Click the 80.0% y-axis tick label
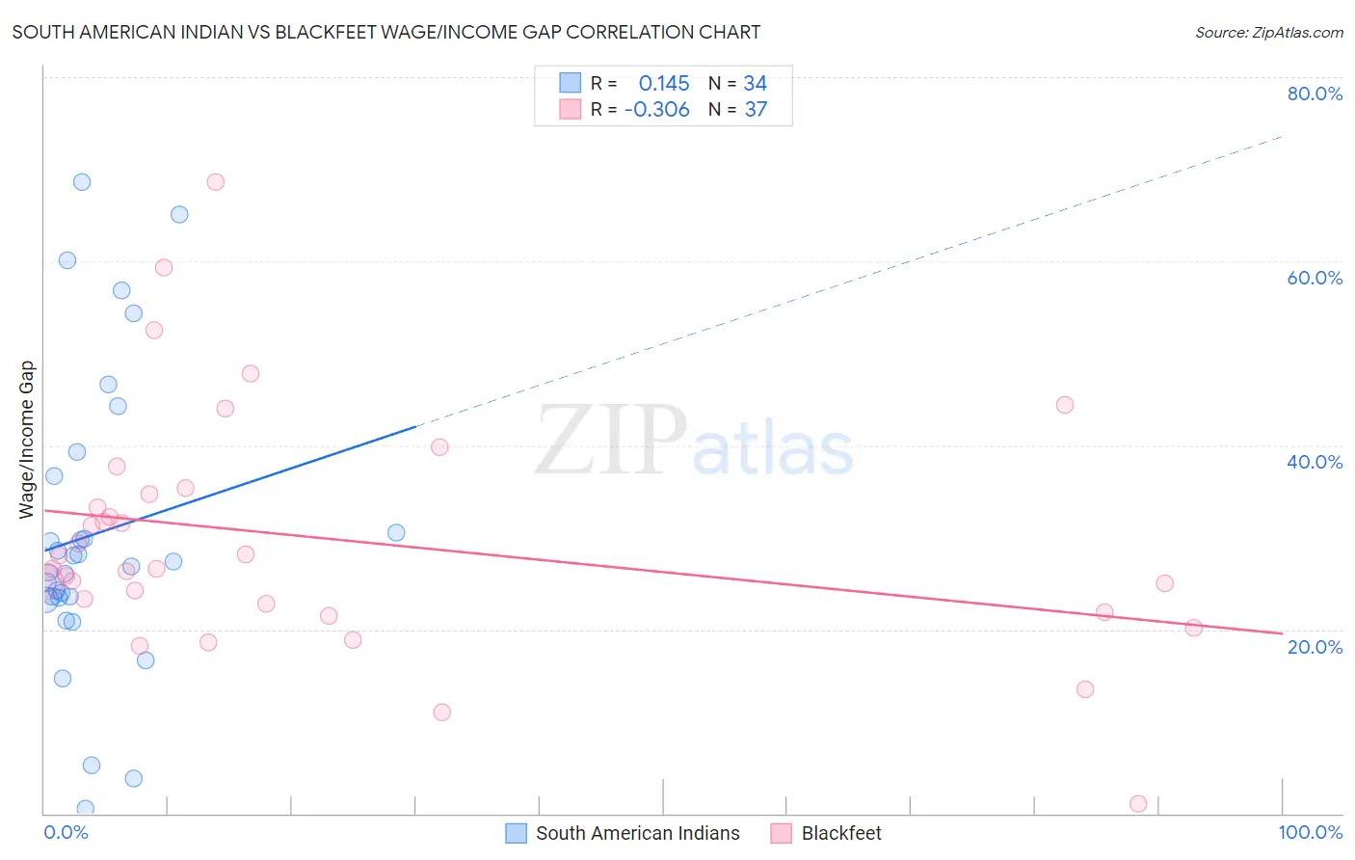click(1315, 94)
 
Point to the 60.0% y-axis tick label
click(1315, 278)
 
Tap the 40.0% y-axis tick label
click(1315, 462)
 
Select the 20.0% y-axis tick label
click(1315, 647)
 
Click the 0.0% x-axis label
click(66, 832)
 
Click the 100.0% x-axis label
click(1310, 832)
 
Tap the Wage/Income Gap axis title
click(27, 440)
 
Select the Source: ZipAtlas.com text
click(1268, 32)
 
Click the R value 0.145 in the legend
click(664, 84)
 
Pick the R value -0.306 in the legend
click(657, 110)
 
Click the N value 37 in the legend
click(756, 110)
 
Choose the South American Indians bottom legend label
click(637, 833)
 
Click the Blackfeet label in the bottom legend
click(841, 833)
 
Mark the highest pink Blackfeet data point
click(216, 182)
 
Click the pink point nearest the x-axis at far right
click(1138, 804)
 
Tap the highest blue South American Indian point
click(82, 182)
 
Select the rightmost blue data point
click(396, 533)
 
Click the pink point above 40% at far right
click(1065, 405)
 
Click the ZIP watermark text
click(611, 441)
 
